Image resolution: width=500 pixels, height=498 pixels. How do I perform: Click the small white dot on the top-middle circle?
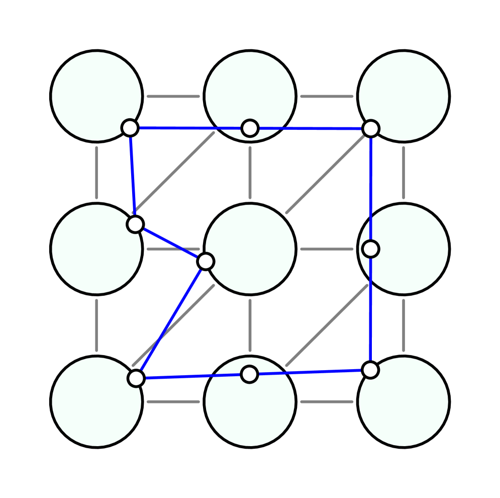(x=250, y=128)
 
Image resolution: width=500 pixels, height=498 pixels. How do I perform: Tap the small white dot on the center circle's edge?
(x=206, y=262)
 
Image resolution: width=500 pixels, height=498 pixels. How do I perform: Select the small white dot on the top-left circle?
(x=130, y=128)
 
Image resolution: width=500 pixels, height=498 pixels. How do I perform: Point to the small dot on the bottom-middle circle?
(x=250, y=374)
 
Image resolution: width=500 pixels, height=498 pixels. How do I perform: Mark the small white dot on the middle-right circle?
(x=370, y=248)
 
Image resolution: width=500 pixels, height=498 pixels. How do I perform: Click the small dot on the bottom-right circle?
(x=370, y=370)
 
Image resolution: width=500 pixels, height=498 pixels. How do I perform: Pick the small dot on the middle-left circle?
(x=135, y=224)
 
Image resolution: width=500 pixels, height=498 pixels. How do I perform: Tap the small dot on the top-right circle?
(x=370, y=129)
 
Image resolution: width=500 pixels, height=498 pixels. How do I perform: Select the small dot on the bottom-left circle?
(x=136, y=378)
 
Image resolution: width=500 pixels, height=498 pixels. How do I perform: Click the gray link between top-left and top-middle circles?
(x=173, y=96)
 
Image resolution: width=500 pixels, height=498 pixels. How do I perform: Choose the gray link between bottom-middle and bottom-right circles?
(x=327, y=401)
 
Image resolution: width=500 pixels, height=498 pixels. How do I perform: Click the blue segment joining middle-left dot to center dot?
(x=170, y=243)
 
